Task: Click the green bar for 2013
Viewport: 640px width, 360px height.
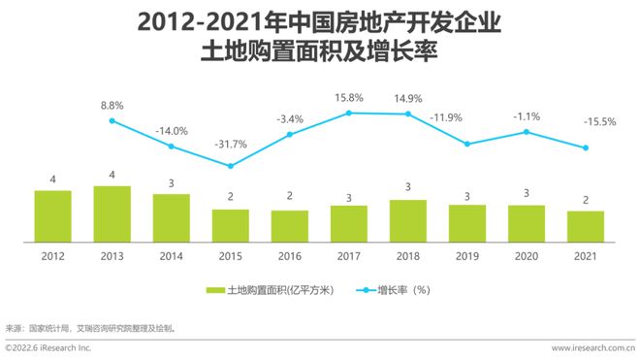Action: click(x=112, y=213)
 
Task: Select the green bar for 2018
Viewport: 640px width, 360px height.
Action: click(x=408, y=220)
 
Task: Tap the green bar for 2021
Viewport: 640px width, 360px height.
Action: click(x=586, y=226)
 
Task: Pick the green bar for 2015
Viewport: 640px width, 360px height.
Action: click(x=231, y=225)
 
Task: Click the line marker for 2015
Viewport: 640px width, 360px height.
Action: click(x=231, y=166)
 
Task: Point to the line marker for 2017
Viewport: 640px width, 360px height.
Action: click(x=349, y=114)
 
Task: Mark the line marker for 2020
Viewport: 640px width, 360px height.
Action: click(x=527, y=132)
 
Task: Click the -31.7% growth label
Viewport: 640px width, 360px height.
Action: click(x=231, y=145)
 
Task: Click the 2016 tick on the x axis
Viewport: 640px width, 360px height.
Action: click(x=290, y=254)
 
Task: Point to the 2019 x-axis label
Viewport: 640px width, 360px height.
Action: click(x=467, y=254)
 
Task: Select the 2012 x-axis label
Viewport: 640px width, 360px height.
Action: click(x=53, y=254)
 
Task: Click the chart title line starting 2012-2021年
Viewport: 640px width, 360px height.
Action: click(x=319, y=21)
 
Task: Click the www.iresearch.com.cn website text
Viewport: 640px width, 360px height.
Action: click(x=592, y=347)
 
